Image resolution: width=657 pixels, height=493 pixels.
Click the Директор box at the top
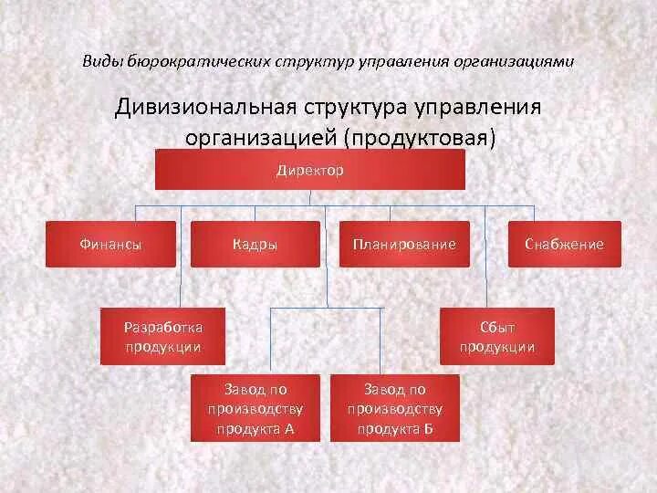tap(310, 170)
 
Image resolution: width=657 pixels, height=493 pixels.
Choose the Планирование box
tap(404, 244)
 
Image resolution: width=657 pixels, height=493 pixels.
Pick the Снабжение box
tap(564, 244)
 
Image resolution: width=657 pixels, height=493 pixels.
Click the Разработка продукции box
tap(163, 336)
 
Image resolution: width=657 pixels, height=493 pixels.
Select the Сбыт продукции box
tap(497, 336)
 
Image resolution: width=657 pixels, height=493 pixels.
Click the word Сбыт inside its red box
tap(497, 326)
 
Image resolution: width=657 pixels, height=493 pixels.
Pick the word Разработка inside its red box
tap(163, 326)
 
